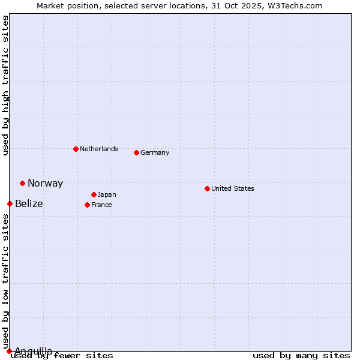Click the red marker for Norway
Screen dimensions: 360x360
pos(22,183)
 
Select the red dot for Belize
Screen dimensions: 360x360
pos(10,204)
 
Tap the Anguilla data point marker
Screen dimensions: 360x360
pos(9,351)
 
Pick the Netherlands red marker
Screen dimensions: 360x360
pos(76,149)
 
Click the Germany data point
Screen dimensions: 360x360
pos(136,152)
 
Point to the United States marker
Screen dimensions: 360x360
pos(207,188)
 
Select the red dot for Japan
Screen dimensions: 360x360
pos(94,194)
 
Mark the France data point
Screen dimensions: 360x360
pos(87,205)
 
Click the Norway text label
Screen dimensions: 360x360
pos(45,184)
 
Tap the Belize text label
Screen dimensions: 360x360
pos(29,204)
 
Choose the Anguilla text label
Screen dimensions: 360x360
pos(34,351)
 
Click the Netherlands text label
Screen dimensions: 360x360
pos(99,149)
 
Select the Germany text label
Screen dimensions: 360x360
pos(155,152)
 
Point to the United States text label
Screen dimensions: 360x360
pos(233,188)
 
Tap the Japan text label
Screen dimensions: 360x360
pos(107,194)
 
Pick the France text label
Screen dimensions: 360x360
pos(101,205)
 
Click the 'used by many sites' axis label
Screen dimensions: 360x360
pos(301,356)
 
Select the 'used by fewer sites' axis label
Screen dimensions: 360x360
pos(62,356)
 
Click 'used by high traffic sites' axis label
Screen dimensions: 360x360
pos(6,85)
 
